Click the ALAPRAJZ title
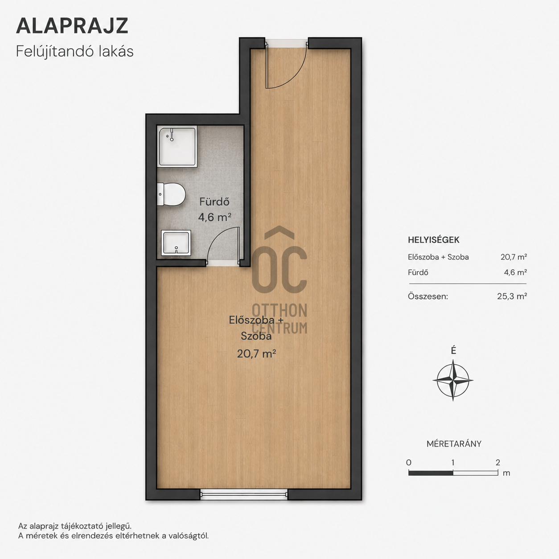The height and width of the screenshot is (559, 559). point(72,26)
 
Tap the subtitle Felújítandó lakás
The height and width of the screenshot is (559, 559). point(74,52)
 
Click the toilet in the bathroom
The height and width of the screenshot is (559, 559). point(172,194)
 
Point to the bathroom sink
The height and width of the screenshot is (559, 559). point(176,243)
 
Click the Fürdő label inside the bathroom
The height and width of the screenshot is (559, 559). point(214,201)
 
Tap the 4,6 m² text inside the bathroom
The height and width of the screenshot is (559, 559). point(215,217)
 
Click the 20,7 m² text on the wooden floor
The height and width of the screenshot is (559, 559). point(256,353)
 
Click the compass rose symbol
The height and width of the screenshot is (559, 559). point(453,380)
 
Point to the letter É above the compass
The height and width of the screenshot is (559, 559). point(454,351)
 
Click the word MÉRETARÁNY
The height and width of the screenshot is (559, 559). point(454,444)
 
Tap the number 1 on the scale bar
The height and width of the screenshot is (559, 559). point(453,462)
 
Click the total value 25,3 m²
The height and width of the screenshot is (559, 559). point(512,296)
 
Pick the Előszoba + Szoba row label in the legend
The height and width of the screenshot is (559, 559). point(438,257)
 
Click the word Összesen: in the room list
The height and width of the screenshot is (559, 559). point(428,296)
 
